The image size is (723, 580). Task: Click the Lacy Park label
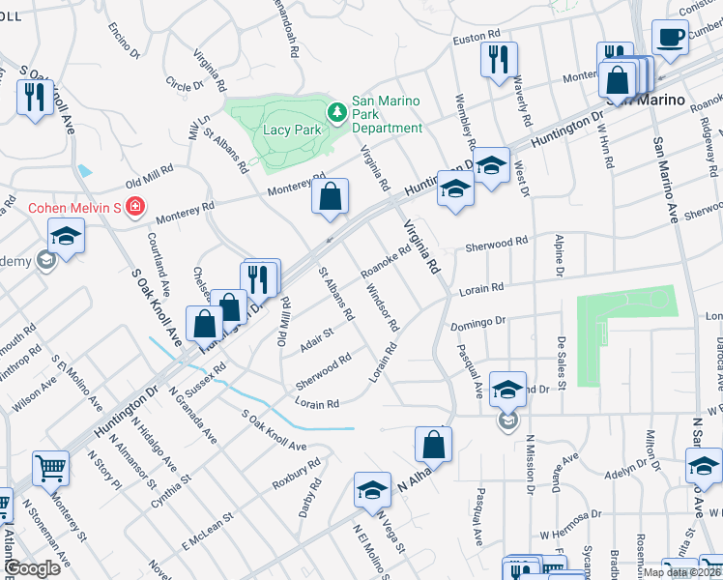point(291,129)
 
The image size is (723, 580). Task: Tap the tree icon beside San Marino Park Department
point(336,113)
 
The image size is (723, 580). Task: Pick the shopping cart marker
point(50,470)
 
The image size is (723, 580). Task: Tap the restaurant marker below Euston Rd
point(499,58)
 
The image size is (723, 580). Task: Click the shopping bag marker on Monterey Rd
point(330,196)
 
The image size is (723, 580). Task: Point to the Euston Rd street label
point(474,40)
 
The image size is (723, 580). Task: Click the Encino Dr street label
point(126,42)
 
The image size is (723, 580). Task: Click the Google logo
point(34,568)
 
